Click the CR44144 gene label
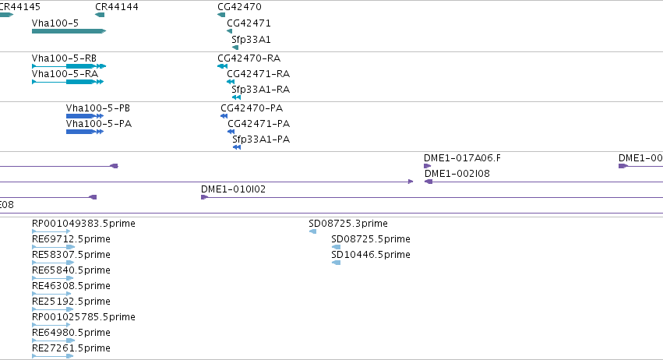pyautogui.click(x=117, y=7)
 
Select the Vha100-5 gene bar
pyautogui.click(x=69, y=31)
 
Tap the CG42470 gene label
pyautogui.click(x=239, y=7)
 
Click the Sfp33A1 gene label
pyautogui.click(x=251, y=39)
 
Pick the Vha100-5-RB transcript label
pyautogui.click(x=64, y=58)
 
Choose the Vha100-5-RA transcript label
pyautogui.click(x=65, y=73)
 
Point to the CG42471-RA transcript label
pyautogui.click(x=258, y=73)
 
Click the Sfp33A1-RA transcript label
pyautogui.click(x=260, y=90)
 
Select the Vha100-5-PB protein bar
pyautogui.click(x=85, y=116)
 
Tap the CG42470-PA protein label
pyautogui.click(x=252, y=108)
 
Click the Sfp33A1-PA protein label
pyautogui.click(x=261, y=139)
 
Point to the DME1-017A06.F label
pyautogui.click(x=462, y=157)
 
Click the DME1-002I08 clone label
pyautogui.click(x=457, y=174)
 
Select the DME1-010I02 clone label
pyautogui.click(x=233, y=189)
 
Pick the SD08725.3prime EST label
pyautogui.click(x=348, y=224)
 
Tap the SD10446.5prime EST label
pyautogui.click(x=370, y=254)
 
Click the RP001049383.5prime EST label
pyautogui.click(x=83, y=224)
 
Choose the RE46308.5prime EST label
pyautogui.click(x=71, y=285)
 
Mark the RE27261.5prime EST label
pyautogui.click(x=71, y=348)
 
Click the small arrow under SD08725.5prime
pyautogui.click(x=336, y=247)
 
